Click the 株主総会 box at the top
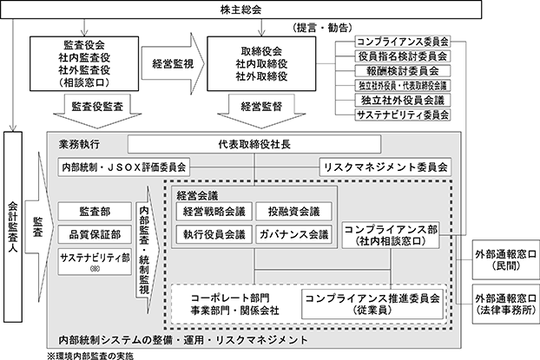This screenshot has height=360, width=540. pos(240,10)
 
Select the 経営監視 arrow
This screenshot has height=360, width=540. pos(173,63)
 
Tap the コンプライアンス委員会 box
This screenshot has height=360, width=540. pos(403,42)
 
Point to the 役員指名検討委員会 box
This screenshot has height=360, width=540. pos(403,56)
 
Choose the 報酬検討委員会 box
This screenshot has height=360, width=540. pos(403,71)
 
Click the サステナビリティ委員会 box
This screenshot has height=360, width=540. pos(403,115)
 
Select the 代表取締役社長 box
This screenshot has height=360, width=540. pos(254,144)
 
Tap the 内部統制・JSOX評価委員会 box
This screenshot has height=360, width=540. pos(123,167)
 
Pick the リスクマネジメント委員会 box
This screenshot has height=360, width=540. pos(385,167)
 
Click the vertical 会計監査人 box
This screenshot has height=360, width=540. pos(13,226)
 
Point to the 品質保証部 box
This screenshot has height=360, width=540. pos(95,235)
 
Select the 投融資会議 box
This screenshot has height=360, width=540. pos(293,212)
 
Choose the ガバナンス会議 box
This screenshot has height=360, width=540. pos(293,235)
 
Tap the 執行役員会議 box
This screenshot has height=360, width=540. pos(214,235)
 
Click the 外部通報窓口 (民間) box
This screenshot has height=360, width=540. pos(506,260)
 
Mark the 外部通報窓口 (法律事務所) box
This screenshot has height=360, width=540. pos(506,304)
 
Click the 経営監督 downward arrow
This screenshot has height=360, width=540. pos(261,110)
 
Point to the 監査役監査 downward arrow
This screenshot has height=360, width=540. pos(97,110)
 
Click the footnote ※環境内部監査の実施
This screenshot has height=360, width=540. pos(90,356)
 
